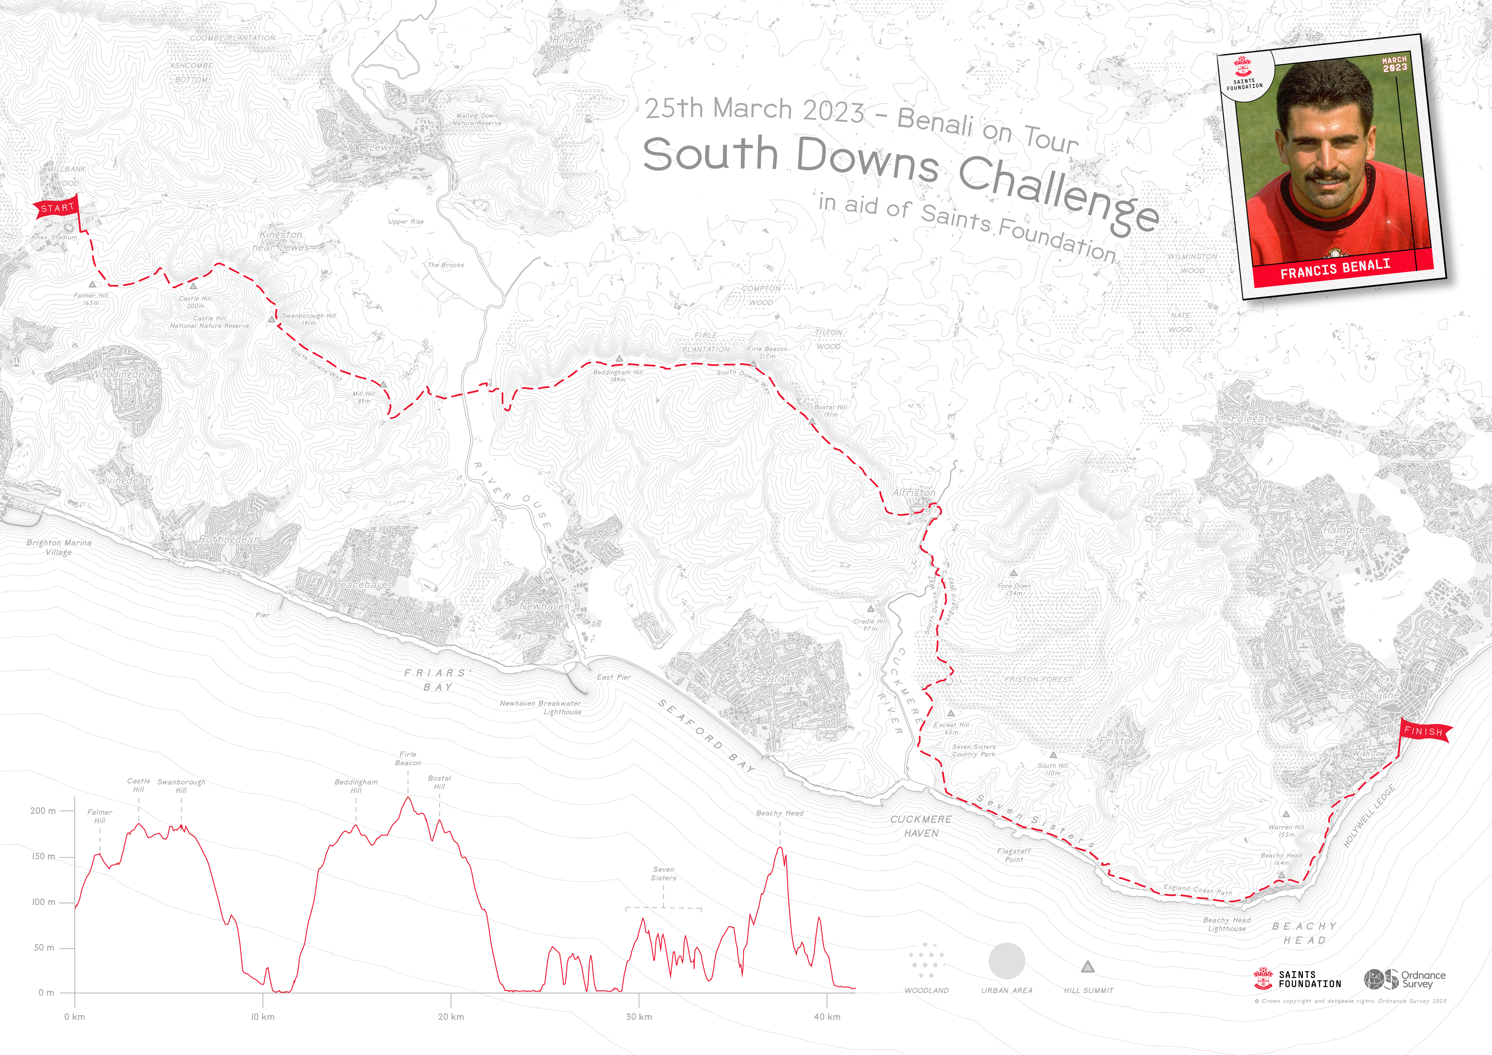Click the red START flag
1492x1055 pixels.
tap(57, 208)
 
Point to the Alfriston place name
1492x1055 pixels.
tap(914, 493)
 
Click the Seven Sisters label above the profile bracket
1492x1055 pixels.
tap(663, 874)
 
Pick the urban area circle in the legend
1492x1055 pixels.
tap(1007, 961)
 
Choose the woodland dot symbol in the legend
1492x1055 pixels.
tap(926, 961)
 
